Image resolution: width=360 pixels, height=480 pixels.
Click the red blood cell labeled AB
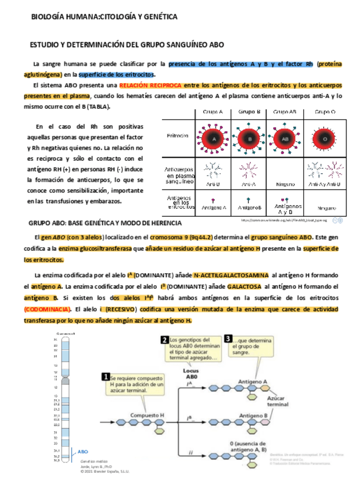pyautogui.click(x=285, y=138)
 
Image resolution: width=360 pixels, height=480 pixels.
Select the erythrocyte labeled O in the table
pyautogui.click(x=324, y=138)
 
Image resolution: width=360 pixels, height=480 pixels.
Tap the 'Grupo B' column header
pyautogui.click(x=249, y=112)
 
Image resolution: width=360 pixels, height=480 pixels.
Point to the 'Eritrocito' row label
pyautogui.click(x=179, y=135)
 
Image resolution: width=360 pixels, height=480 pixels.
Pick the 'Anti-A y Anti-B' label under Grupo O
pyautogui.click(x=324, y=184)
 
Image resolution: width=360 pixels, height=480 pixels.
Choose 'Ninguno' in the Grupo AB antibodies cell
pyautogui.click(x=285, y=184)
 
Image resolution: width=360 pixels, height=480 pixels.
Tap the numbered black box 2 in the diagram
pyautogui.click(x=164, y=340)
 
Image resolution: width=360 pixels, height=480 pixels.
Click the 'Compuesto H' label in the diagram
pyautogui.click(x=147, y=415)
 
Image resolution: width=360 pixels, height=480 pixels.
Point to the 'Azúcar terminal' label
pyautogui.click(x=278, y=401)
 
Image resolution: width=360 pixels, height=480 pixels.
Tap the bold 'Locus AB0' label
pyautogui.click(x=191, y=374)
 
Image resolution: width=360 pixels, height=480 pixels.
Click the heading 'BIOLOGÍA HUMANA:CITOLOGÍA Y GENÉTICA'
pyautogui.click(x=105, y=17)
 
